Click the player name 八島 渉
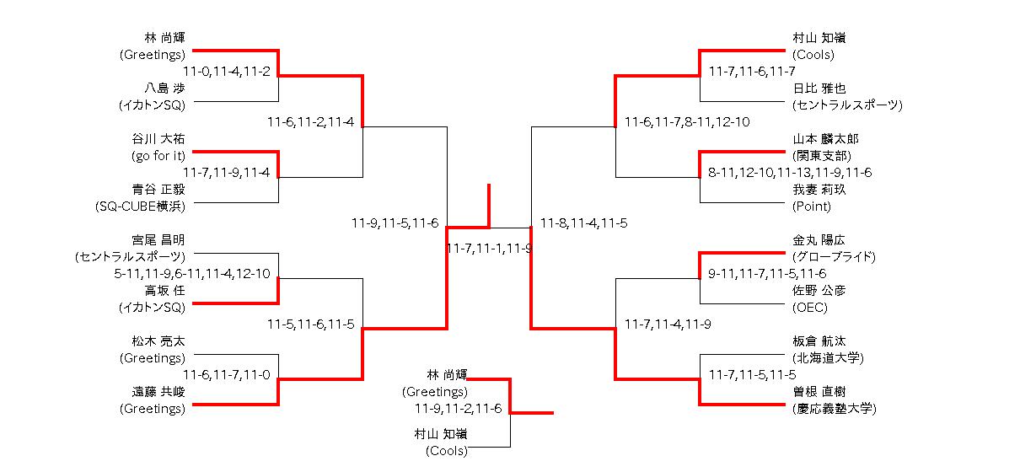pyautogui.click(x=164, y=88)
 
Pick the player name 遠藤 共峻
pyautogui.click(x=158, y=392)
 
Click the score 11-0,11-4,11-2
pyautogui.click(x=226, y=72)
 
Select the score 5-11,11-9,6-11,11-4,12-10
pyautogui.click(x=192, y=274)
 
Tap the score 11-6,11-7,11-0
pyautogui.click(x=226, y=375)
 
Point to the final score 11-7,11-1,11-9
pyautogui.click(x=489, y=249)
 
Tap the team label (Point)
pyautogui.click(x=811, y=206)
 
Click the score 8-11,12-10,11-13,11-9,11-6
pyautogui.click(x=790, y=173)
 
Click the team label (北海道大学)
pyautogui.click(x=828, y=358)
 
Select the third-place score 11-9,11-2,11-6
pyautogui.click(x=458, y=409)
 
